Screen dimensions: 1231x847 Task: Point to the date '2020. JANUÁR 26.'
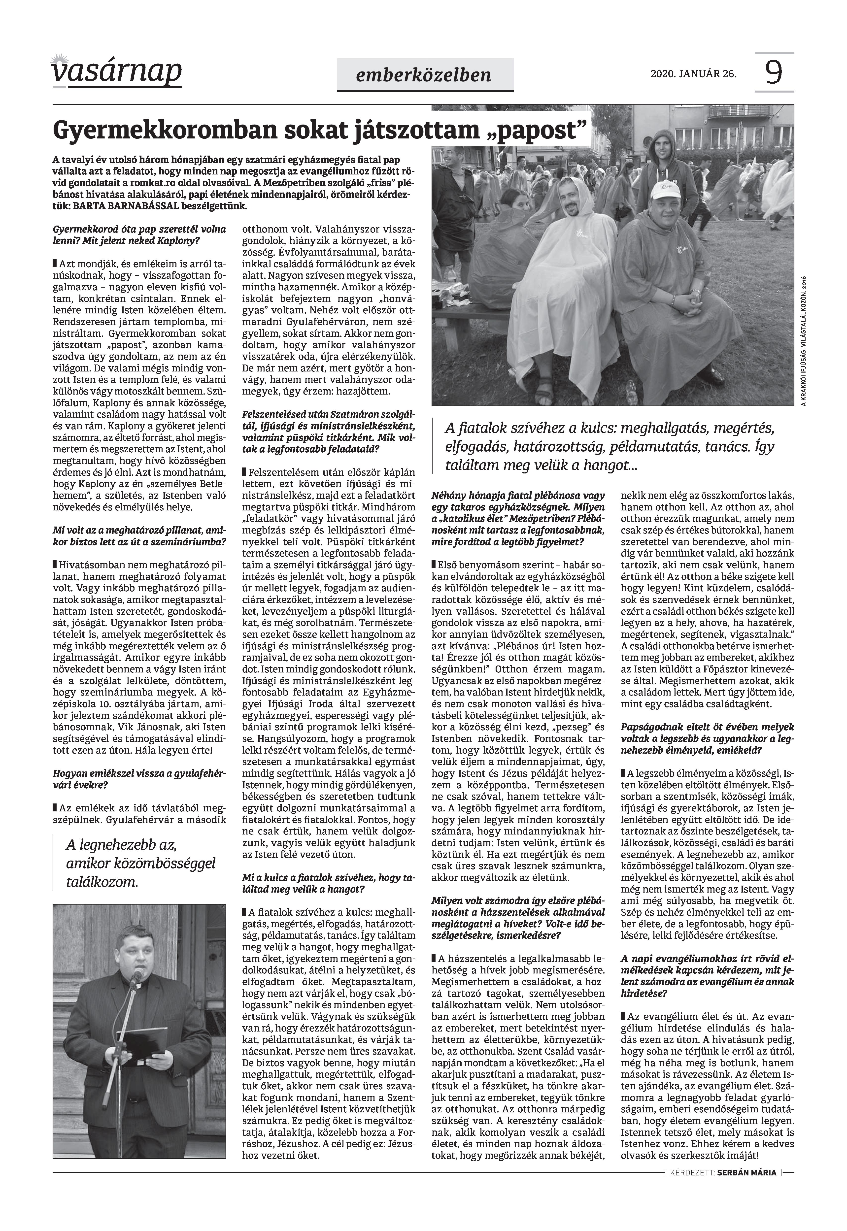(693, 74)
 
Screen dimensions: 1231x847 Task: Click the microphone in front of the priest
(137, 973)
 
